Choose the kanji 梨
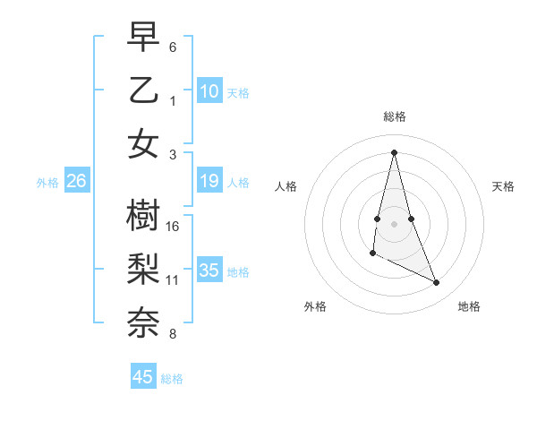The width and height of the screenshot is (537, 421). tap(143, 268)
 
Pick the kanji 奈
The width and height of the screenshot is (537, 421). tap(143, 322)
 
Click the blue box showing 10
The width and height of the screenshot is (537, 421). tap(209, 91)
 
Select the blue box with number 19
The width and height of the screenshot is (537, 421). tap(209, 182)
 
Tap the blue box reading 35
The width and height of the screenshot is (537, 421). tap(209, 271)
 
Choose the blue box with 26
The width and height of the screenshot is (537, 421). tap(76, 182)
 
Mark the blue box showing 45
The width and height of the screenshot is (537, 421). tap(143, 377)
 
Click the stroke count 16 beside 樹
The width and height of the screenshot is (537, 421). tap(174, 227)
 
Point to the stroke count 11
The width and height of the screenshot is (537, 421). tap(173, 280)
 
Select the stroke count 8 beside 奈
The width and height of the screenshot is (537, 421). tap(173, 334)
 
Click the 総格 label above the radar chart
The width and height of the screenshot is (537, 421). tap(394, 116)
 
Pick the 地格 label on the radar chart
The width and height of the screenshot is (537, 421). tap(469, 306)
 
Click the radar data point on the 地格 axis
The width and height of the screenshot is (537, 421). tap(437, 283)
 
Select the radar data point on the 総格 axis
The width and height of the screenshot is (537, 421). tap(394, 152)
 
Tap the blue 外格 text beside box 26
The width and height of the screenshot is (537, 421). tap(47, 183)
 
